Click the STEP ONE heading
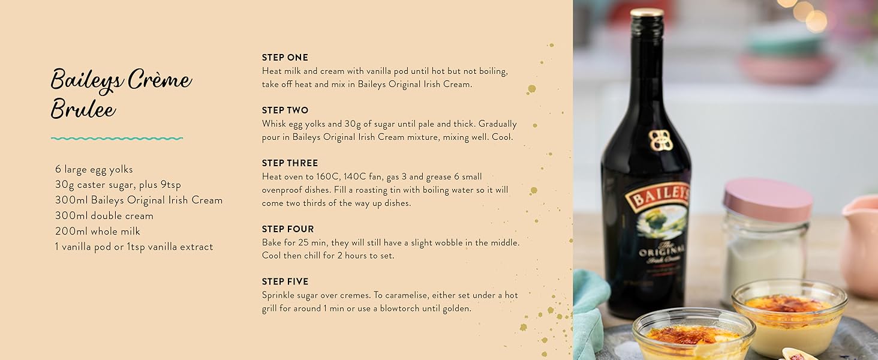coord(285,58)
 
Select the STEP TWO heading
coord(285,110)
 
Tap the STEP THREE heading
coord(290,163)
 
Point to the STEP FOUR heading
coord(288,229)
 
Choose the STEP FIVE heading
coord(285,281)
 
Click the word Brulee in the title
coord(83,109)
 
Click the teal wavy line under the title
coord(117,139)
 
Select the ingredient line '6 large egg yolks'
coord(94,169)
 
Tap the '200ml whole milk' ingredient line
coord(98,232)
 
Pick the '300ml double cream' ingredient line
coord(104,215)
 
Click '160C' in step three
coord(327,177)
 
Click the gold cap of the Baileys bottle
coord(647,13)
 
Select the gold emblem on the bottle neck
coord(661,140)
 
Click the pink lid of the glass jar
coord(767,199)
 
